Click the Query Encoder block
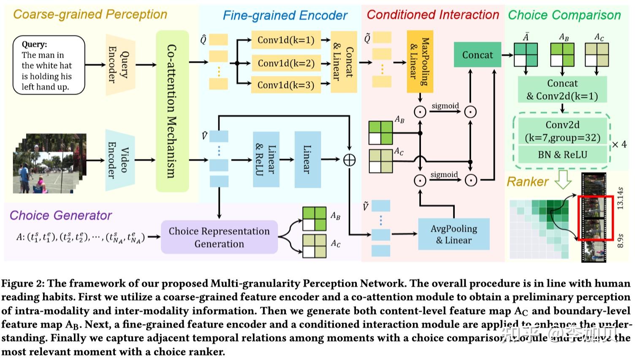pos(120,65)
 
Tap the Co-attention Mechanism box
pos(172,111)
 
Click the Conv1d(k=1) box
pos(286,40)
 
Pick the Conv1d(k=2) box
pos(286,63)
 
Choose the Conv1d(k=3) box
pos(286,85)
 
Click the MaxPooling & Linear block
pos(420,62)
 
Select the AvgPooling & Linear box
pos(453,234)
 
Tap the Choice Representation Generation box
pos(219,237)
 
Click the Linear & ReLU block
pos(266,160)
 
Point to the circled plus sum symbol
pos(349,160)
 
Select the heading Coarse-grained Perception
pos(90,14)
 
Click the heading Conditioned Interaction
pos(433,15)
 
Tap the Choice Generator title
pos(60,215)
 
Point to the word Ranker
pos(527,182)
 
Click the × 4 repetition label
pos(619,144)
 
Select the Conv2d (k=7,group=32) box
pos(562,131)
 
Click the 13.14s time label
pos(620,198)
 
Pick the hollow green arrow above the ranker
pos(562,179)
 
